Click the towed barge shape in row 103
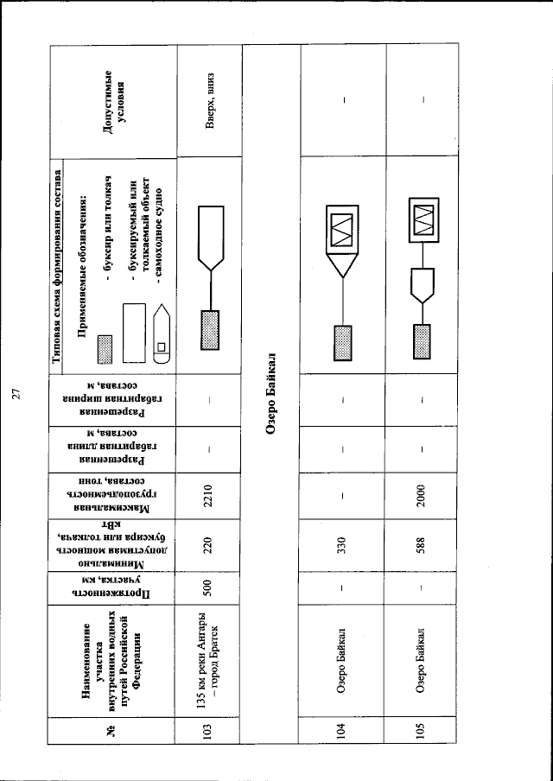[x=210, y=234]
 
